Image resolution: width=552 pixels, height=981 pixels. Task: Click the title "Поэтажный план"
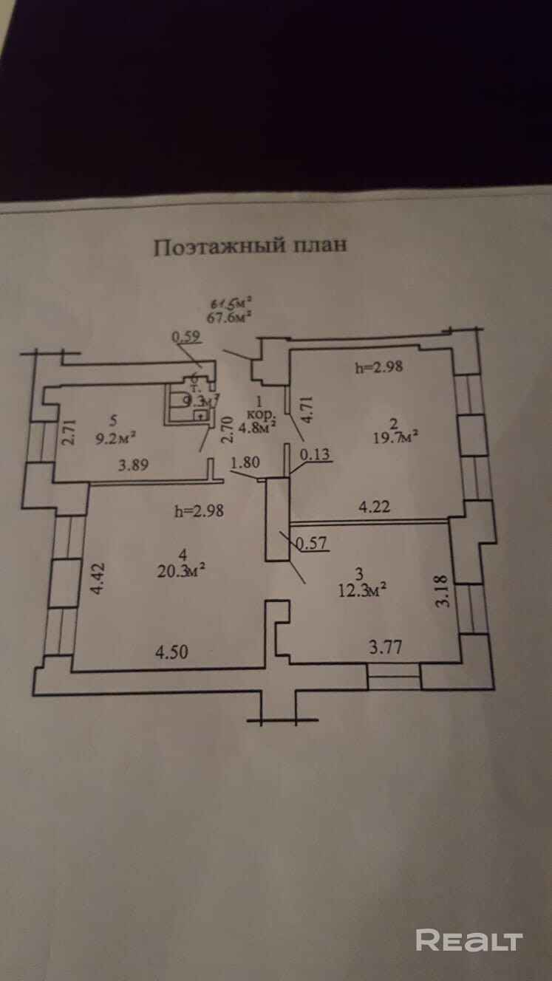250,246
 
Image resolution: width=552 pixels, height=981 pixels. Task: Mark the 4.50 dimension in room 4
171,652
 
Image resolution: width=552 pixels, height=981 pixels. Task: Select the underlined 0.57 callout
310,544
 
